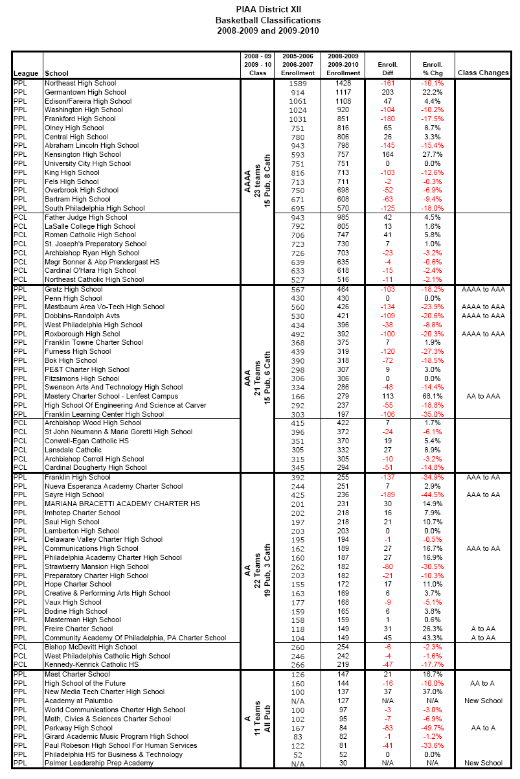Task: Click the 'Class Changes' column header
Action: pos(483,73)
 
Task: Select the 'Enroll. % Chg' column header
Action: pos(433,69)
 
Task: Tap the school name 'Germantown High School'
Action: pos(85,92)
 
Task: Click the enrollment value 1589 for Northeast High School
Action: pos(297,83)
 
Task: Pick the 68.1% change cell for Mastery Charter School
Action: pos(433,396)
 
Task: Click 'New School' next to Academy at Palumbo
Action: pos(483,701)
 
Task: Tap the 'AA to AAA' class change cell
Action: pos(483,396)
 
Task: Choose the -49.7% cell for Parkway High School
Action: pos(433,728)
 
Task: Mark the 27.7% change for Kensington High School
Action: pos(433,155)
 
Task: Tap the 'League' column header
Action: pos(26,73)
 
